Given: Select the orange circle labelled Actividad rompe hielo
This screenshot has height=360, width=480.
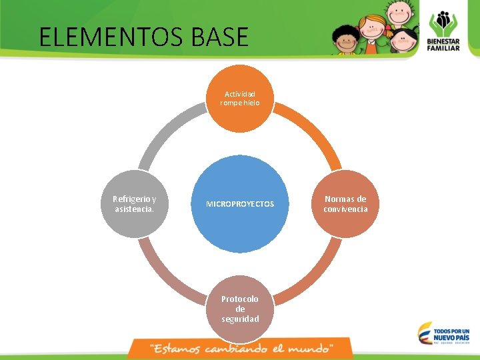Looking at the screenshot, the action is [x=240, y=99].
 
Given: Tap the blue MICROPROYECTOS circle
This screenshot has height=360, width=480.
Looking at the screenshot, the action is [x=240, y=203].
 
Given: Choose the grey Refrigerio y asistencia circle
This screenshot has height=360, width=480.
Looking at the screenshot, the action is [x=134, y=204].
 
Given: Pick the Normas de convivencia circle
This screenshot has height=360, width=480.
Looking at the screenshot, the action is [x=345, y=204].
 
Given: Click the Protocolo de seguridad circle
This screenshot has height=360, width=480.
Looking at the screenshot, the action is [x=240, y=309].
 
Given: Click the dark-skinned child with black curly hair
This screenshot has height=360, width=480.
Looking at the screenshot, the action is [x=346, y=40].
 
